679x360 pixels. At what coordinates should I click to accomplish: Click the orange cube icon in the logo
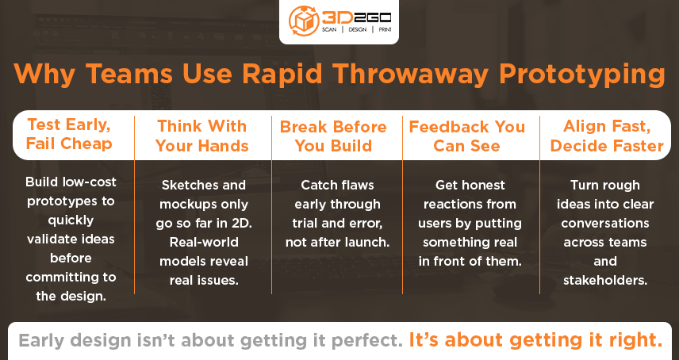pyautogui.click(x=304, y=21)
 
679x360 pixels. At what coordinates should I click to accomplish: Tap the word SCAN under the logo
pyautogui.click(x=329, y=30)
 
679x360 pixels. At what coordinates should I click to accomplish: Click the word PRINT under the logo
pyautogui.click(x=385, y=30)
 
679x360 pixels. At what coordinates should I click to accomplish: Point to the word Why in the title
pyautogui.click(x=44, y=74)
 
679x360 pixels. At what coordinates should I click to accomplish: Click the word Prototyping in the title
pyautogui.click(x=581, y=75)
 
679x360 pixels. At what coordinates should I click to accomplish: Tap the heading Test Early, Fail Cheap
pyautogui.click(x=69, y=134)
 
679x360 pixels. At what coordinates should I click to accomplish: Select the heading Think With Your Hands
pyautogui.click(x=201, y=136)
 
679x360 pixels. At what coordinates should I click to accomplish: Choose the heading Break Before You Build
pyautogui.click(x=333, y=136)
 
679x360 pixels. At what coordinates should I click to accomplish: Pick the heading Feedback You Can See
pyautogui.click(x=466, y=136)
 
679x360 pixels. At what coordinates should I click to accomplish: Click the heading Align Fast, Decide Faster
pyautogui.click(x=607, y=136)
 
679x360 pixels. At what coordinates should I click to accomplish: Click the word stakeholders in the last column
pyautogui.click(x=605, y=281)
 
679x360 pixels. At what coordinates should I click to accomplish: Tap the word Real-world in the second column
pyautogui.click(x=204, y=243)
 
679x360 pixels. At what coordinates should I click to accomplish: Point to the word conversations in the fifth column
pyautogui.click(x=605, y=224)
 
